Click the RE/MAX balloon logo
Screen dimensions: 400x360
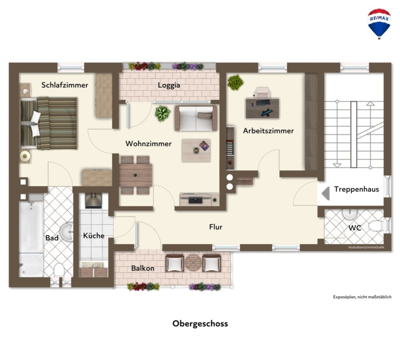[379, 24]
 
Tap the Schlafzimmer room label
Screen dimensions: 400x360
[65, 85]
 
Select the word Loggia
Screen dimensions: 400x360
[169, 85]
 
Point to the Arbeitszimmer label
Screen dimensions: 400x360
[268, 131]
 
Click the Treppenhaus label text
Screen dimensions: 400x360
[356, 189]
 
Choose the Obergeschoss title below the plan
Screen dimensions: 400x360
[200, 324]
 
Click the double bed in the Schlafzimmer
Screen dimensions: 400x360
[49, 123]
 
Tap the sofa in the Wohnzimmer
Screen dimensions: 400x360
[196, 118]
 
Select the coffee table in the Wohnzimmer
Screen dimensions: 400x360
[196, 150]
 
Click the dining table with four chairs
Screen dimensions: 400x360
[135, 175]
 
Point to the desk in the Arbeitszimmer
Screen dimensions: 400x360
[262, 109]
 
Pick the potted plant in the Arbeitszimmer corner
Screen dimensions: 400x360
[236, 82]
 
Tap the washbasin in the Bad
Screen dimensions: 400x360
[68, 232]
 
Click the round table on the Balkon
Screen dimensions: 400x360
[193, 263]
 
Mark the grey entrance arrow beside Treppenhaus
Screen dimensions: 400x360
[326, 194]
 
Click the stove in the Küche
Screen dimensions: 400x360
[93, 201]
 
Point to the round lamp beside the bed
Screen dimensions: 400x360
[25, 156]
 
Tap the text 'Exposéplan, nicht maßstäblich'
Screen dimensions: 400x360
[362, 297]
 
